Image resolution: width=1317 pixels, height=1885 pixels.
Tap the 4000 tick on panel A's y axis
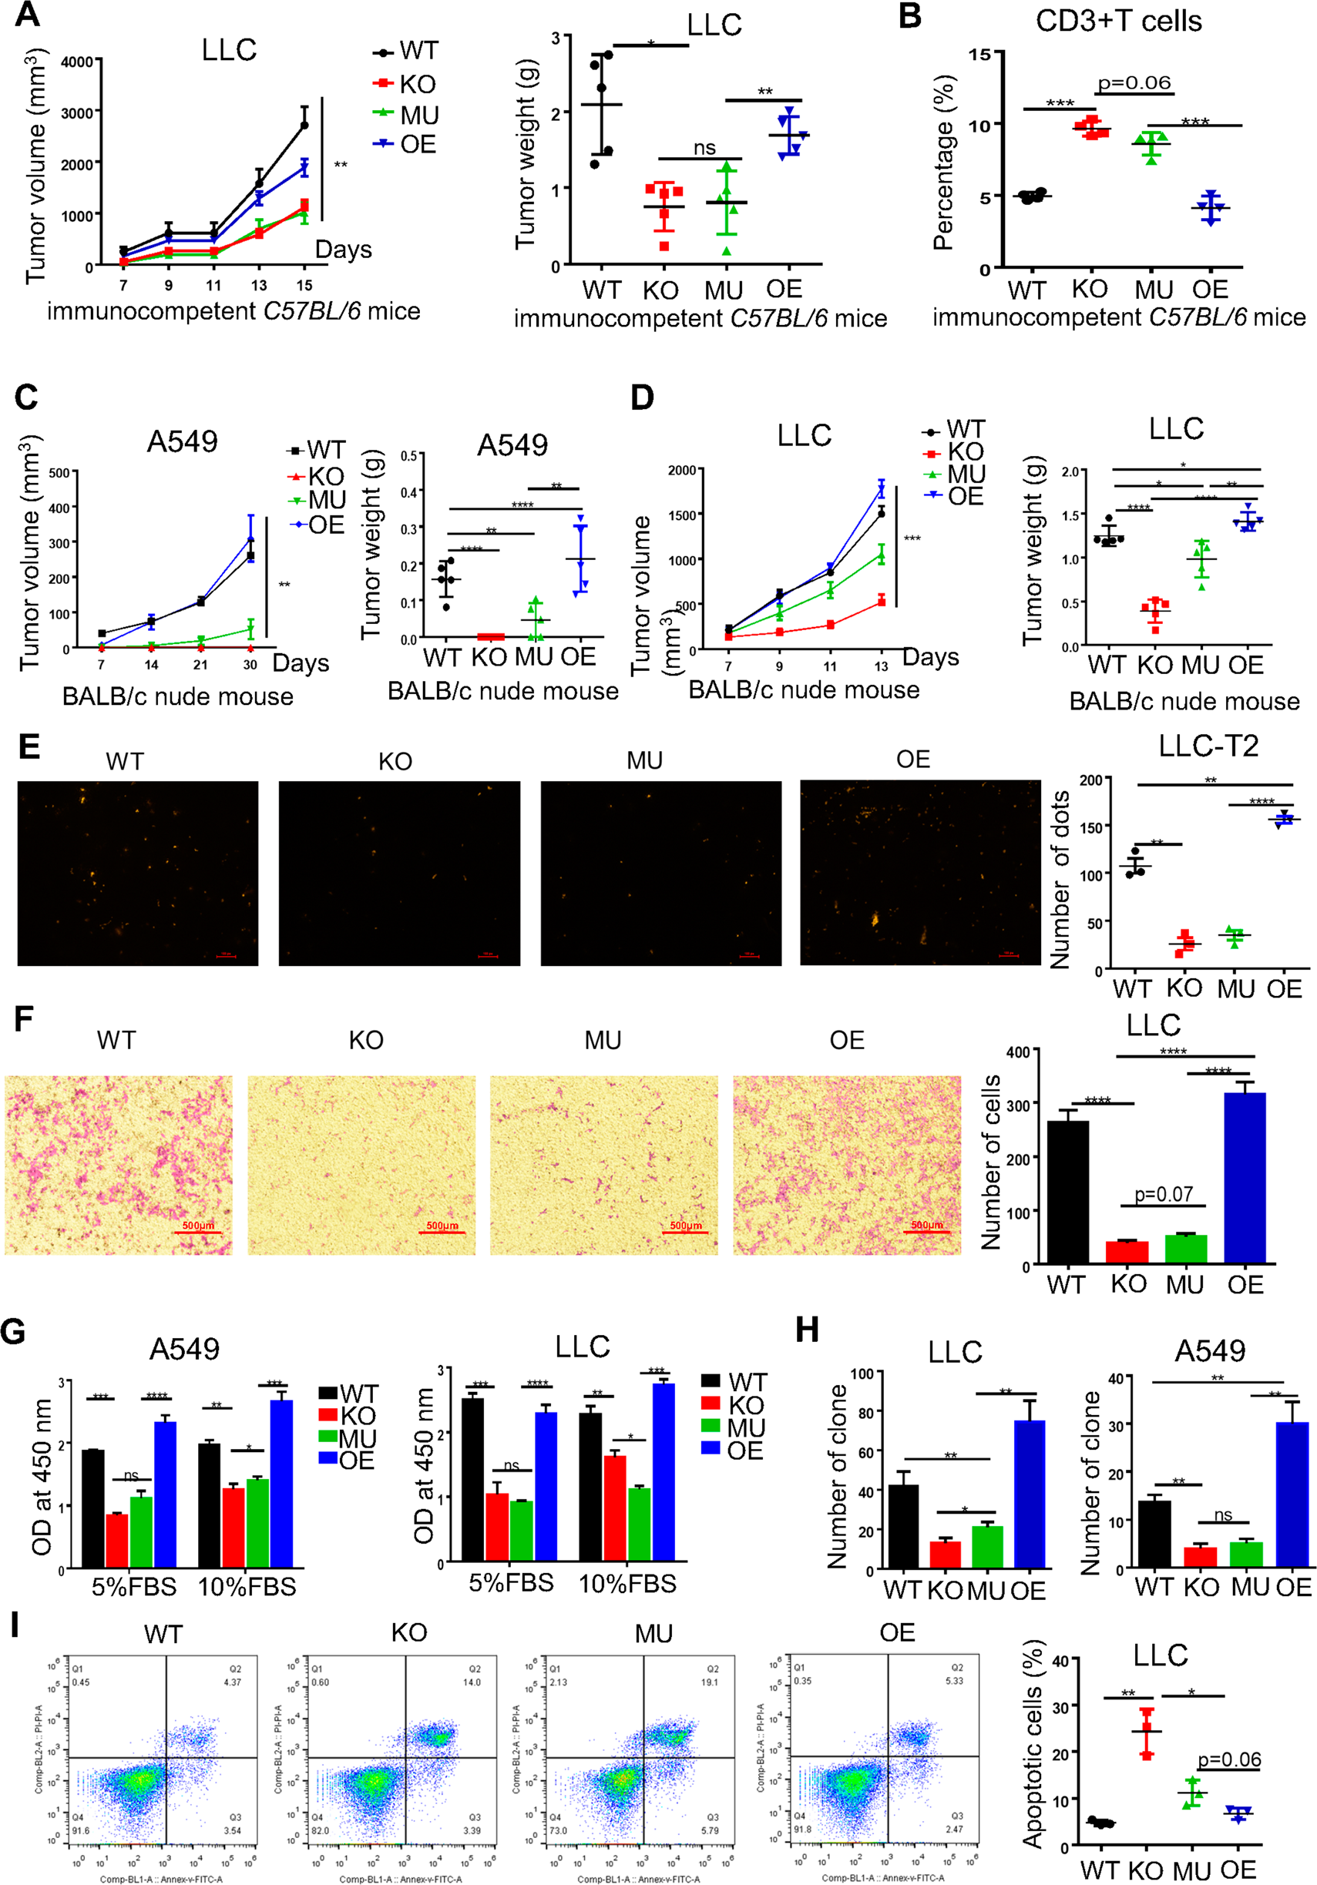(77, 62)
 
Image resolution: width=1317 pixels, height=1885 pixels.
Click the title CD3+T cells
(1118, 21)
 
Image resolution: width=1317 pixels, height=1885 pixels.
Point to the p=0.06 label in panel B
(1134, 82)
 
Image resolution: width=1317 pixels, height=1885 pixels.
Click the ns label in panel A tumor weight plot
(704, 148)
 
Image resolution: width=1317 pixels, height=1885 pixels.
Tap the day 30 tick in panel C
(250, 664)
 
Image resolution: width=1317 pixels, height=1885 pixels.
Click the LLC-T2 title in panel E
(1208, 746)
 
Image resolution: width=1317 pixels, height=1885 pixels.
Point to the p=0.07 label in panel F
(1163, 1194)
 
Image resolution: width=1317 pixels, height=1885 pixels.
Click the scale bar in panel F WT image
(199, 1233)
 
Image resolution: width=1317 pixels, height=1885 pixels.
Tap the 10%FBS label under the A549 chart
(247, 1586)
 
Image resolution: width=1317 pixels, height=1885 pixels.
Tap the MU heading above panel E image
(643, 760)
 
